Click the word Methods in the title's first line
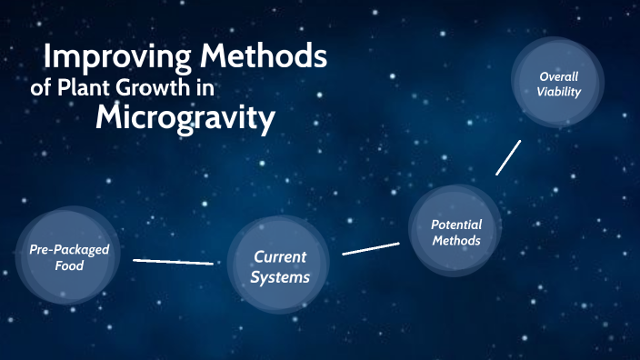tap(264, 56)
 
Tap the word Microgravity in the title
tap(185, 117)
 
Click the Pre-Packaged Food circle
tap(68, 257)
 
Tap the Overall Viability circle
tap(558, 85)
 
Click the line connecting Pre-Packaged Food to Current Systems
tap(173, 262)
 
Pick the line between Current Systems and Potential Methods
tap(371, 248)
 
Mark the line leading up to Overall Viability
tap(508, 156)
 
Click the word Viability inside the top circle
tap(558, 92)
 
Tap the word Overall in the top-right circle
tap(558, 76)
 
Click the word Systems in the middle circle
tap(280, 277)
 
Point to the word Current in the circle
tap(279, 257)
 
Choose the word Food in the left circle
tap(68, 266)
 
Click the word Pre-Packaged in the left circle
tap(68, 249)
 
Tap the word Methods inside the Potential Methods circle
tap(455, 241)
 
